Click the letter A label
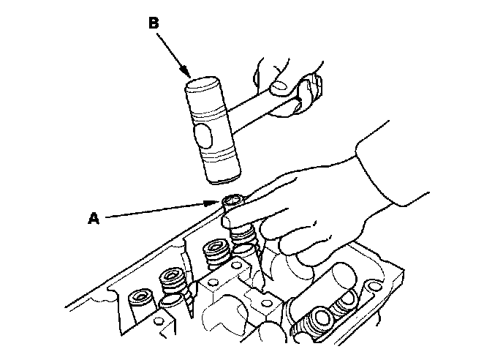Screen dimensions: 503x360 [x=93, y=217]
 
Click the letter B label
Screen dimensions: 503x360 [x=154, y=23]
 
